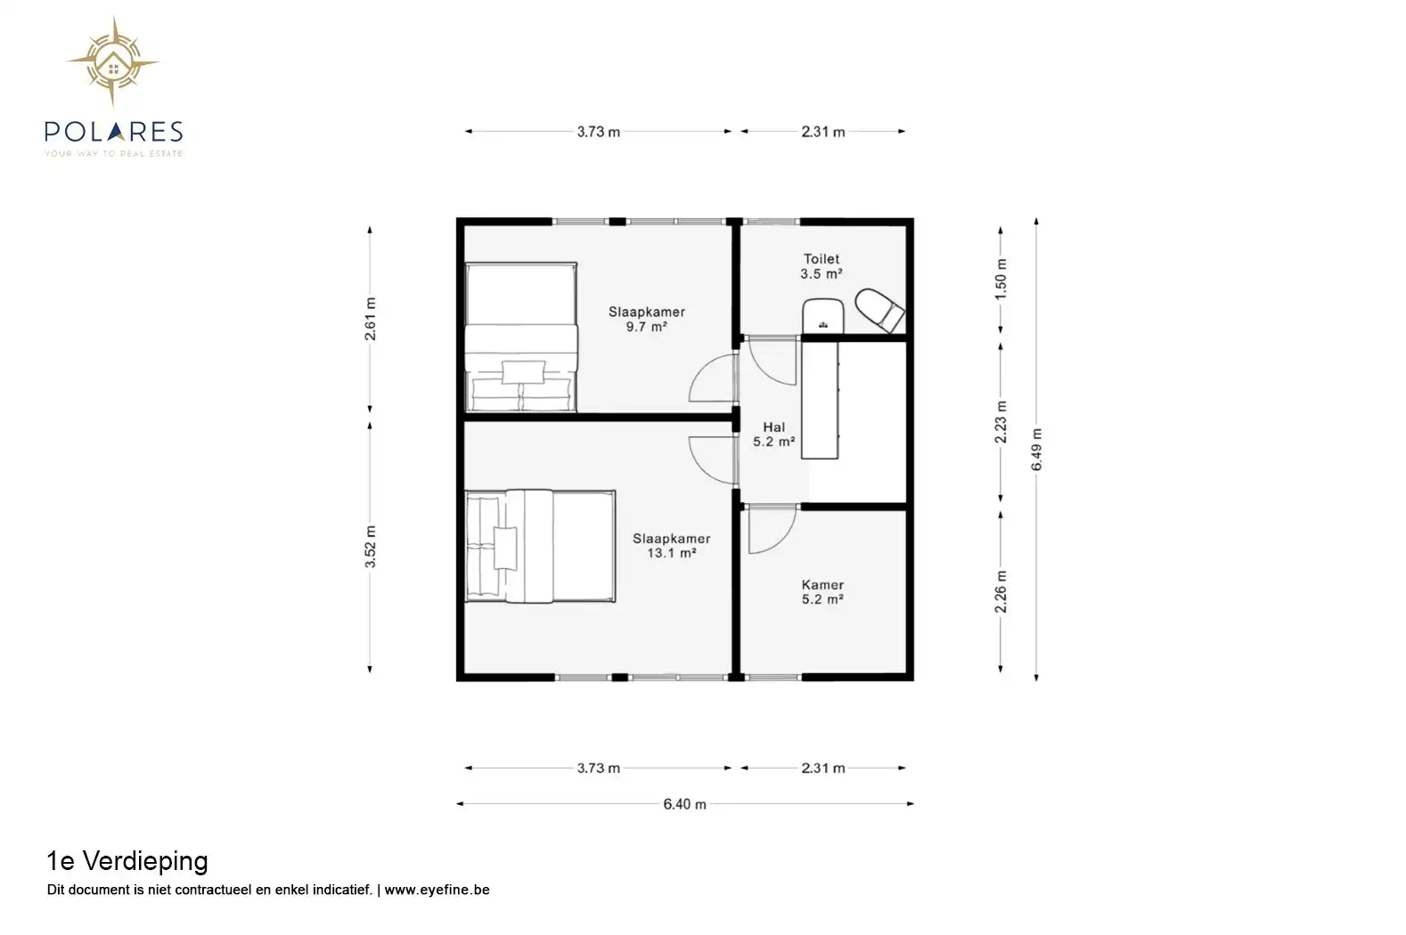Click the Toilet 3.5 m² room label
[x=821, y=266]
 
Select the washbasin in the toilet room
[x=823, y=315]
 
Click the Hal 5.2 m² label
[x=774, y=435]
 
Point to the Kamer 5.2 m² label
[x=822, y=592]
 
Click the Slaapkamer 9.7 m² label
[x=647, y=319]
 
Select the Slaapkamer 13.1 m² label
[x=672, y=545]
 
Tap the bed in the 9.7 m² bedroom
[x=521, y=337]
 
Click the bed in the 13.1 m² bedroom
[x=540, y=546]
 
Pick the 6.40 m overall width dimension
[x=685, y=804]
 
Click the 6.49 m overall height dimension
[x=1036, y=450]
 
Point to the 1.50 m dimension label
[x=1001, y=279]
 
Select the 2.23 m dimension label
[x=1001, y=422]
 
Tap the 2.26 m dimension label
[x=1001, y=592]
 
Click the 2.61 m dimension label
[x=371, y=319]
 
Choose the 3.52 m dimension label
[x=371, y=547]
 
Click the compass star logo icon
[x=113, y=61]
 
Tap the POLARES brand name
[x=114, y=131]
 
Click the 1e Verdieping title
[x=127, y=861]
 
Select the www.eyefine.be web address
[x=437, y=890]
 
